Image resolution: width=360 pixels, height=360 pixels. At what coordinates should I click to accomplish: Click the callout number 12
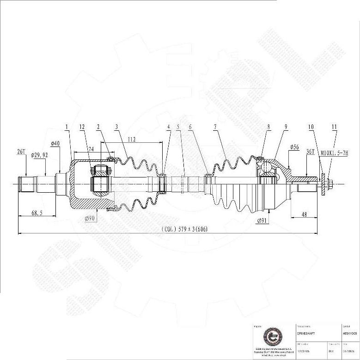coord(82,127)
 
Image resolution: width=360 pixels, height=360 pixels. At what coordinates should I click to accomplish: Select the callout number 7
coord(215,127)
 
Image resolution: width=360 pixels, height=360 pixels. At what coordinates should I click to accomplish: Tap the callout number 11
coord(334,127)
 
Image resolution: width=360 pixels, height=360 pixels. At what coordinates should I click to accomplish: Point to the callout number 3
coord(116,127)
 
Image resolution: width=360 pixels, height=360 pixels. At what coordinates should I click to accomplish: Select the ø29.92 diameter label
coord(40,155)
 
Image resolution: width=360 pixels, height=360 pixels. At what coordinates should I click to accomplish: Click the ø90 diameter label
coord(90,218)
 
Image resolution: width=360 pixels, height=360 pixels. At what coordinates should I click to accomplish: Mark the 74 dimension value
coord(91,149)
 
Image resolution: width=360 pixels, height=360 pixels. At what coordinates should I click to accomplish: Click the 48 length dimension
coord(305,214)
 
